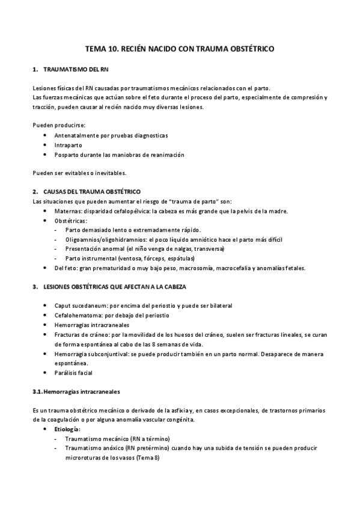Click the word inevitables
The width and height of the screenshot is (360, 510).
(109, 173)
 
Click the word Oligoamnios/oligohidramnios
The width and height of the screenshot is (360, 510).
(103, 239)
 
